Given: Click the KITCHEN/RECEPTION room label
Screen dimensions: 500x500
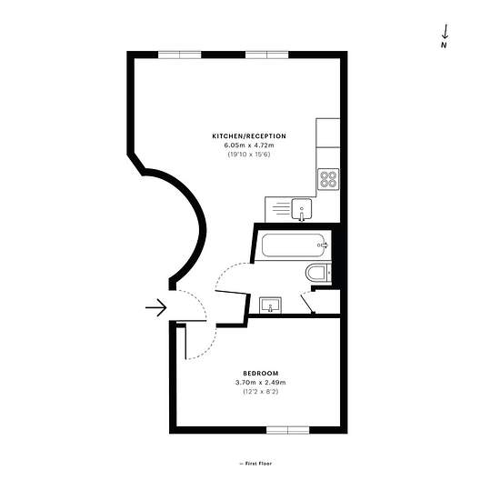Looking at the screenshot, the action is point(249,136).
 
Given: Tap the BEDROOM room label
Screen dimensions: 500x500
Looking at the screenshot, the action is point(261,373).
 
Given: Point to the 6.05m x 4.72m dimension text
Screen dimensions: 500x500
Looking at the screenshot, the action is point(249,145).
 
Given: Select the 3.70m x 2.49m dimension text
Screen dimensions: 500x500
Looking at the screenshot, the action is point(261,383).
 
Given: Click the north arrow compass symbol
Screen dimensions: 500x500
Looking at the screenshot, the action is point(445,36).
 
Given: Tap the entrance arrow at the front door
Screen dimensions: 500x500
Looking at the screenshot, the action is point(156,307).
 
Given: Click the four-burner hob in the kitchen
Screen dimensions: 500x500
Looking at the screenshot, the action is point(328,179).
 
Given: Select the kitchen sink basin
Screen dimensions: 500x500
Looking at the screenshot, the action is point(302,209).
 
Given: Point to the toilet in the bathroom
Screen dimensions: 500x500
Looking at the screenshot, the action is point(318,273).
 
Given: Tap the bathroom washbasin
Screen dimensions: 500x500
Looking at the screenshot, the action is point(270,305).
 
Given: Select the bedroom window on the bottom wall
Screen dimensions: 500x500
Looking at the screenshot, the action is point(288,430).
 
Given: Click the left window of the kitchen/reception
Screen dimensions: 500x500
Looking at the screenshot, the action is point(180,55).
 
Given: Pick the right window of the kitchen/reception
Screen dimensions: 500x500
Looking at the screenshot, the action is point(267,55).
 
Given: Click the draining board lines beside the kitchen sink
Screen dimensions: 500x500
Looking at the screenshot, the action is point(281,208).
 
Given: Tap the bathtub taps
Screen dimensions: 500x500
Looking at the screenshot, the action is point(324,245).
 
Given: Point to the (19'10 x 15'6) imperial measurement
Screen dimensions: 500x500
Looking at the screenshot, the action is point(249,155).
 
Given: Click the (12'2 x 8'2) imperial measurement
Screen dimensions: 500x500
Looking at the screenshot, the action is point(261,391).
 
